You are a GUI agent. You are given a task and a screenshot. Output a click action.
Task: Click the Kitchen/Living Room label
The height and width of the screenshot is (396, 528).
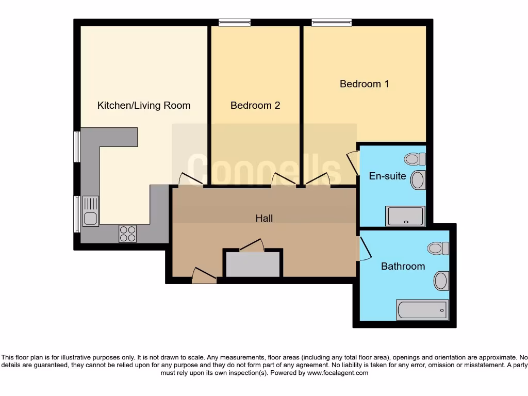[144, 106]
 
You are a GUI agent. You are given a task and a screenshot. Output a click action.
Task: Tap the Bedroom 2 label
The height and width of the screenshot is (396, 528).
[255, 106]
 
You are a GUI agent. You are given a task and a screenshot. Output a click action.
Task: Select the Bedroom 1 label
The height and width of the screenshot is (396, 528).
[364, 84]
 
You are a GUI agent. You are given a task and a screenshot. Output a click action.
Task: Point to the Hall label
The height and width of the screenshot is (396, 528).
[264, 218]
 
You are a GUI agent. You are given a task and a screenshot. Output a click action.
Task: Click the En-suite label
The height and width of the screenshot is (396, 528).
[387, 176]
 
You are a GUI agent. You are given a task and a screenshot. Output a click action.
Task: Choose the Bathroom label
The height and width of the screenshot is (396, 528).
[403, 267]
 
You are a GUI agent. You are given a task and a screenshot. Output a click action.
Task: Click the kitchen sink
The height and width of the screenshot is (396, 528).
[91, 211]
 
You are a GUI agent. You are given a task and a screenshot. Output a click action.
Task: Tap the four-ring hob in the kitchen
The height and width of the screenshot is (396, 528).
[127, 234]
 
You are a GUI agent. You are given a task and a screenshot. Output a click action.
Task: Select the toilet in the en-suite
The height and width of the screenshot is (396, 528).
[415, 159]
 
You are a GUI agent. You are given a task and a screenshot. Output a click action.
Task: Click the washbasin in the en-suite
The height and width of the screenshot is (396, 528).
[418, 180]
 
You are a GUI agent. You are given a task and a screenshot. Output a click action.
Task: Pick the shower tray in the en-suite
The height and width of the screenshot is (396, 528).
[406, 216]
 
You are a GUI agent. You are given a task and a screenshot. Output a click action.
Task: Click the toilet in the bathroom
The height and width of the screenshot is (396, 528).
[438, 249]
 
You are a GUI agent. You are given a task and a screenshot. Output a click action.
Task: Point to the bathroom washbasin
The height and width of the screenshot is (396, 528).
[441, 281]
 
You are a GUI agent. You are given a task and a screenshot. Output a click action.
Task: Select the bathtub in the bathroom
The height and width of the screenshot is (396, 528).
[422, 309]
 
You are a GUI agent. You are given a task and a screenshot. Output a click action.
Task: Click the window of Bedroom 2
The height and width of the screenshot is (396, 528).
[234, 22]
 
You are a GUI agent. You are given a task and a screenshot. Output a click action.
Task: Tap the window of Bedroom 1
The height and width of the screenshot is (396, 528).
[332, 22]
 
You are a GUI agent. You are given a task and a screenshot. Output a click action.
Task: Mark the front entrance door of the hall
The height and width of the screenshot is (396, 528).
[204, 277]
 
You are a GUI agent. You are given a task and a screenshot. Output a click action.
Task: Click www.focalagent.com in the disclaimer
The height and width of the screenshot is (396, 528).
[338, 373]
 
